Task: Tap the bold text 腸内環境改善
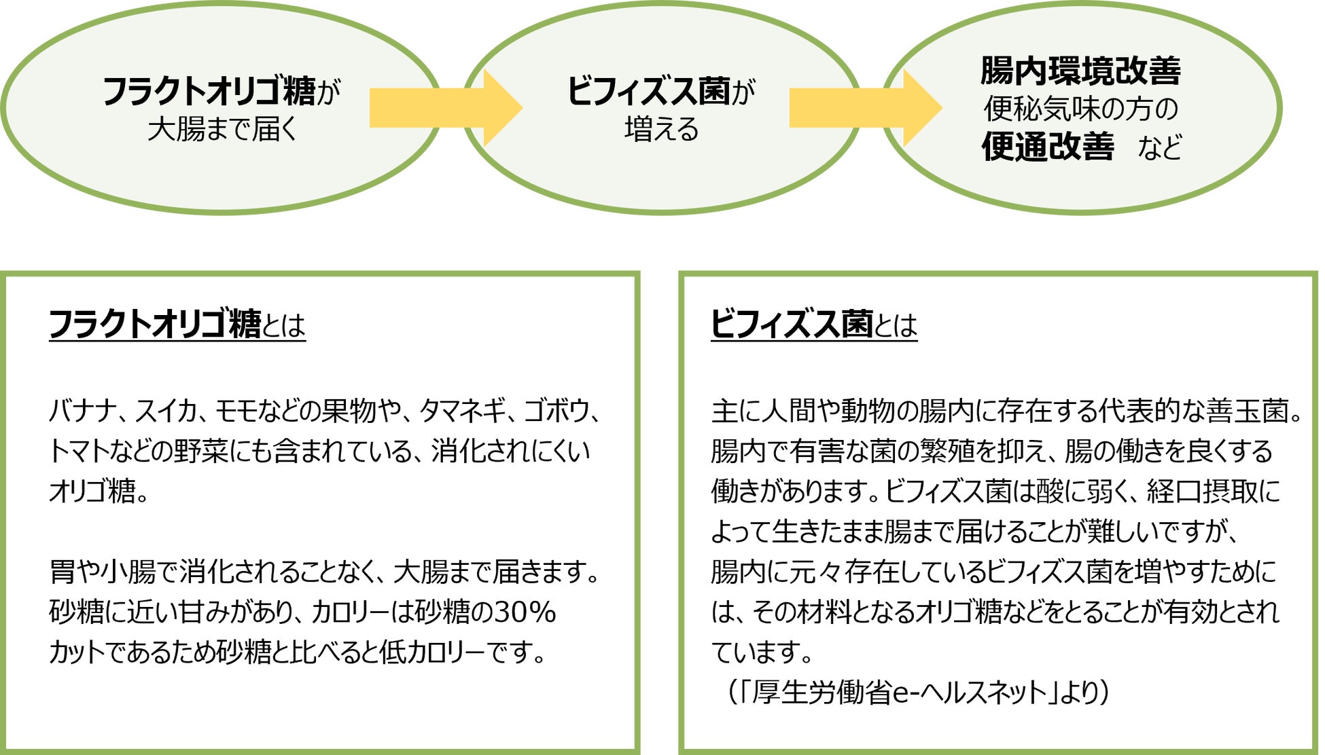coord(1080,71)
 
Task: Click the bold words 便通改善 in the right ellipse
coord(1048,147)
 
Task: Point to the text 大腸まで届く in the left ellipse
coord(222,128)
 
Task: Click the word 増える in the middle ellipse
coord(661,128)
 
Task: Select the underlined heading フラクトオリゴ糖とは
coord(177,324)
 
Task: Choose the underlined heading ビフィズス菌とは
coord(813,324)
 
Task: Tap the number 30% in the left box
coord(525,612)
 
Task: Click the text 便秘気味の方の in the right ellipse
coord(1080,109)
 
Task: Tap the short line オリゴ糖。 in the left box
coord(99,491)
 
